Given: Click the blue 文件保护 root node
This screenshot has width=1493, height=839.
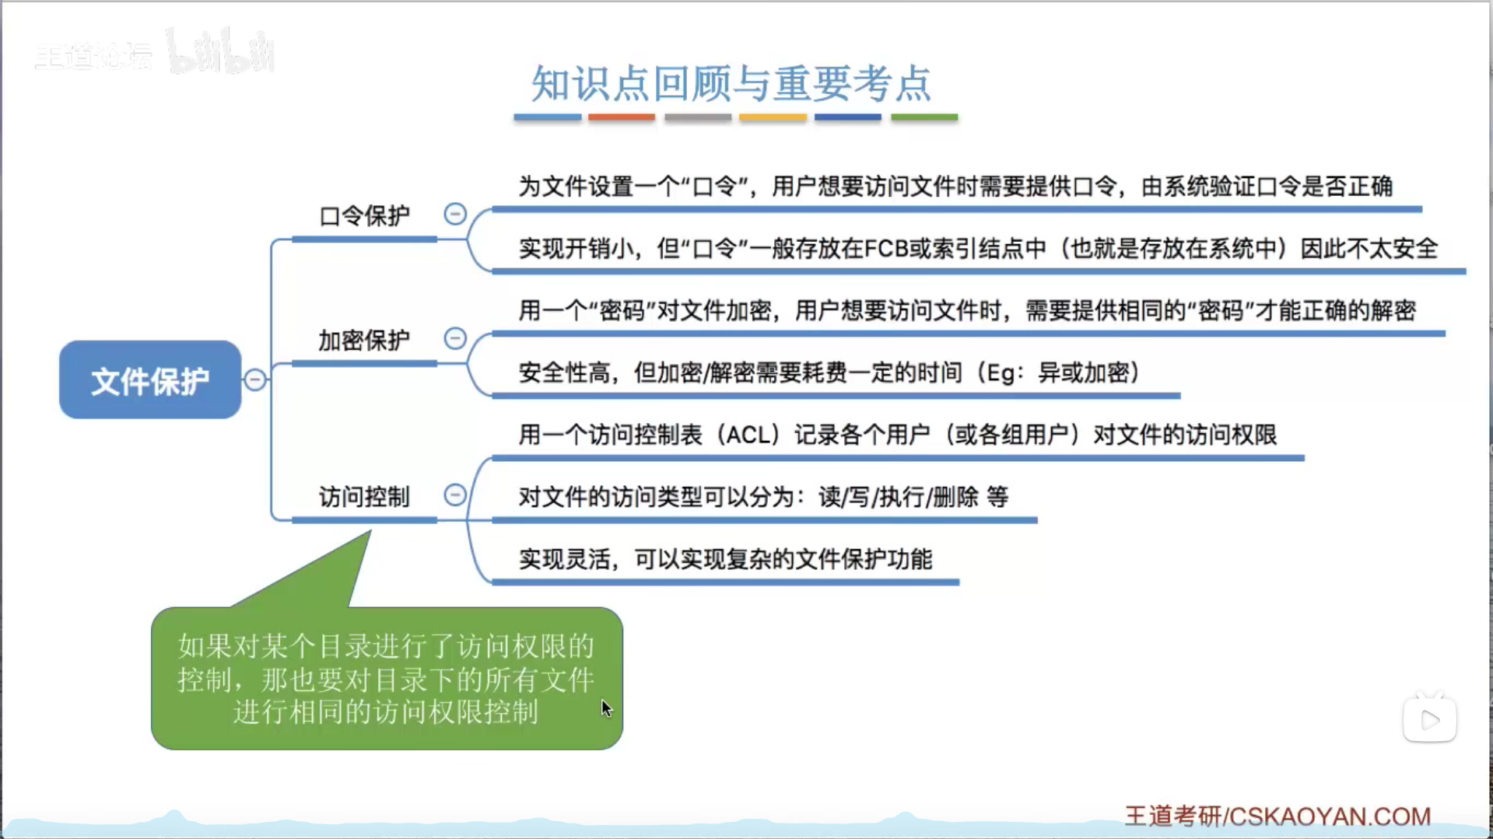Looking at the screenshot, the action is [150, 379].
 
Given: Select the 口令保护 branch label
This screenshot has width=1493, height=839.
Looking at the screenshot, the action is [364, 215].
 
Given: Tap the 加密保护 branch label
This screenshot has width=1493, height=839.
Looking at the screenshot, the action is [364, 340].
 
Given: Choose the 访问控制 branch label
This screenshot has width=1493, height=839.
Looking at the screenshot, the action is [364, 496].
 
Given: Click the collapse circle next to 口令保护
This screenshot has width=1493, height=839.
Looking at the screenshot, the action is [455, 214].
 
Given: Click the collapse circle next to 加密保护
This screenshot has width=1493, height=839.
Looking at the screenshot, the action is [455, 338].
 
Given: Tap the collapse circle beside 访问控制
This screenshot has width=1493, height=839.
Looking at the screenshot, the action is [455, 495].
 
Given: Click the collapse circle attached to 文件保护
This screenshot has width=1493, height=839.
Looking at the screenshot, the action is [254, 379].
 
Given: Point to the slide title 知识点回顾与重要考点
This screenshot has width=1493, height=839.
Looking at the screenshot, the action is [731, 83].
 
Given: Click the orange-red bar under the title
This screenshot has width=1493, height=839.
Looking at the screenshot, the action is [622, 117].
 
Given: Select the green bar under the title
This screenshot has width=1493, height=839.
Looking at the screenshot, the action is [924, 117].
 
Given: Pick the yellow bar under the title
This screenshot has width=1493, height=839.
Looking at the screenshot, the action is [773, 117].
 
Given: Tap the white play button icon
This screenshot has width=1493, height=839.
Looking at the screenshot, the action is [1430, 719].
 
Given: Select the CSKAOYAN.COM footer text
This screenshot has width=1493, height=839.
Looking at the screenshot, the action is [1330, 816].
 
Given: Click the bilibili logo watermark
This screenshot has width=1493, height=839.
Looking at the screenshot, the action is [220, 51].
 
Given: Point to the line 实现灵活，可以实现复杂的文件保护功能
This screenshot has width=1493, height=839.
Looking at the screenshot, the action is [725, 559].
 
